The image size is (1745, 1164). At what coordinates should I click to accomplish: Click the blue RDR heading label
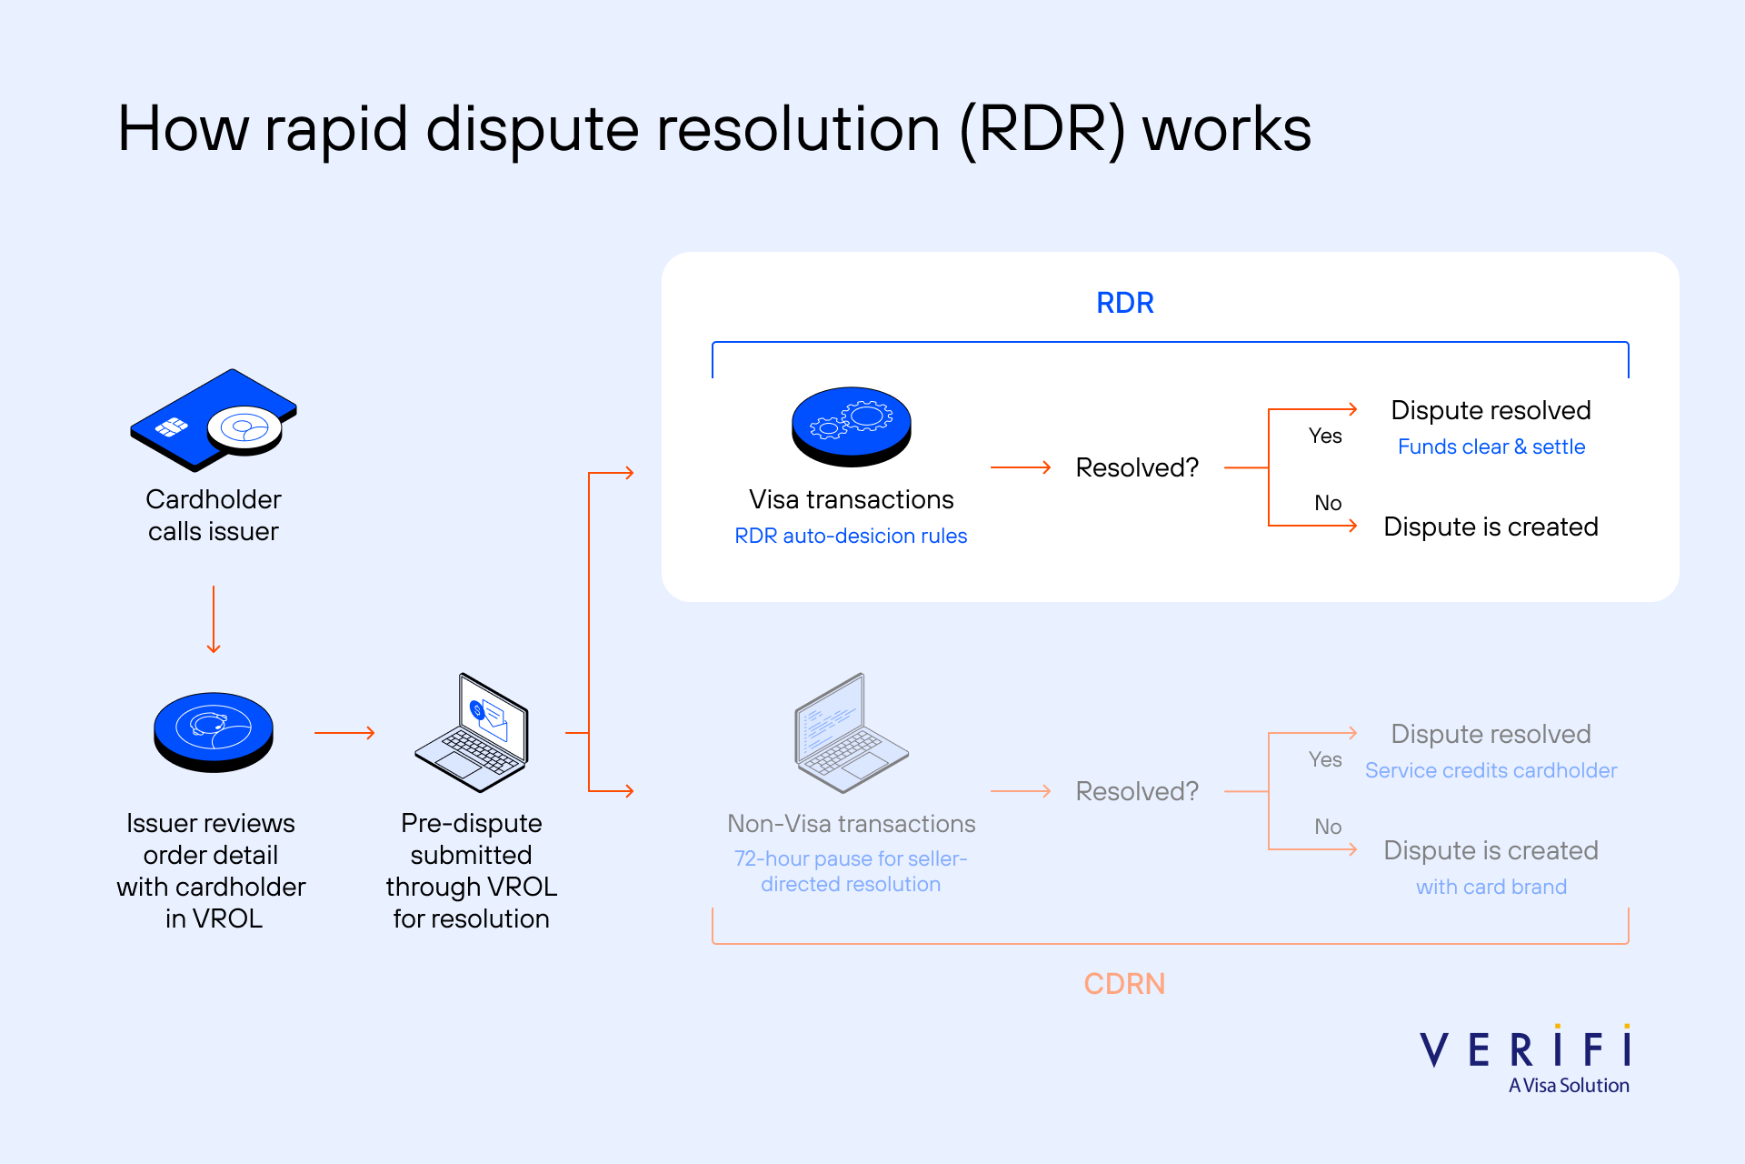[x=1124, y=303]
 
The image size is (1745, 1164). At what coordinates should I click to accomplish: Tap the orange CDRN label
[x=1124, y=984]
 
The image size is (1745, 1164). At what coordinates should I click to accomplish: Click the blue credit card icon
[x=214, y=420]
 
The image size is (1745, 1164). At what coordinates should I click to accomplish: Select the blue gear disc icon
[x=852, y=426]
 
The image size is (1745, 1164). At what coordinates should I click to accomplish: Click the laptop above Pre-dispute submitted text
[x=473, y=733]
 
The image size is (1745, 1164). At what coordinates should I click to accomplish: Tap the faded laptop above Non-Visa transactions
[x=852, y=733]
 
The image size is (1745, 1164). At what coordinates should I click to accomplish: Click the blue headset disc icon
[x=214, y=731]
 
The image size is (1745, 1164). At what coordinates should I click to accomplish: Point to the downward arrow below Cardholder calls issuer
[x=214, y=619]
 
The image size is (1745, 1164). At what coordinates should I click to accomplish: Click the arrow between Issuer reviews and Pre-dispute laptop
[x=344, y=733]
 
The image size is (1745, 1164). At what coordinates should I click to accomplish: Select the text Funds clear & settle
[x=1491, y=447]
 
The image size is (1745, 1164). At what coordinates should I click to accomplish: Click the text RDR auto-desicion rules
[x=851, y=536]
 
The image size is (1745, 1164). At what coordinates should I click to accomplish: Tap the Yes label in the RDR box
[x=1325, y=436]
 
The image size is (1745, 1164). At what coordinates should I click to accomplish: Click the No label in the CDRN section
[x=1328, y=827]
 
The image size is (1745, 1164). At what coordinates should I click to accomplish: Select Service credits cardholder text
[x=1491, y=770]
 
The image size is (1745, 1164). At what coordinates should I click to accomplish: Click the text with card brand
[x=1491, y=887]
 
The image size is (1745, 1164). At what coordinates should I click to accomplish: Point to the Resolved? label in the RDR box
[x=1137, y=467]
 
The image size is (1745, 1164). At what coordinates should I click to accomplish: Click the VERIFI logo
[x=1525, y=1049]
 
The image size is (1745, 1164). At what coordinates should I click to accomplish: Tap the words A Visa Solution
[x=1569, y=1086]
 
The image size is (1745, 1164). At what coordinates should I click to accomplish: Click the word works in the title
[x=1226, y=129]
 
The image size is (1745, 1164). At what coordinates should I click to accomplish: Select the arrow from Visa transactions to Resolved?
[x=1020, y=467]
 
